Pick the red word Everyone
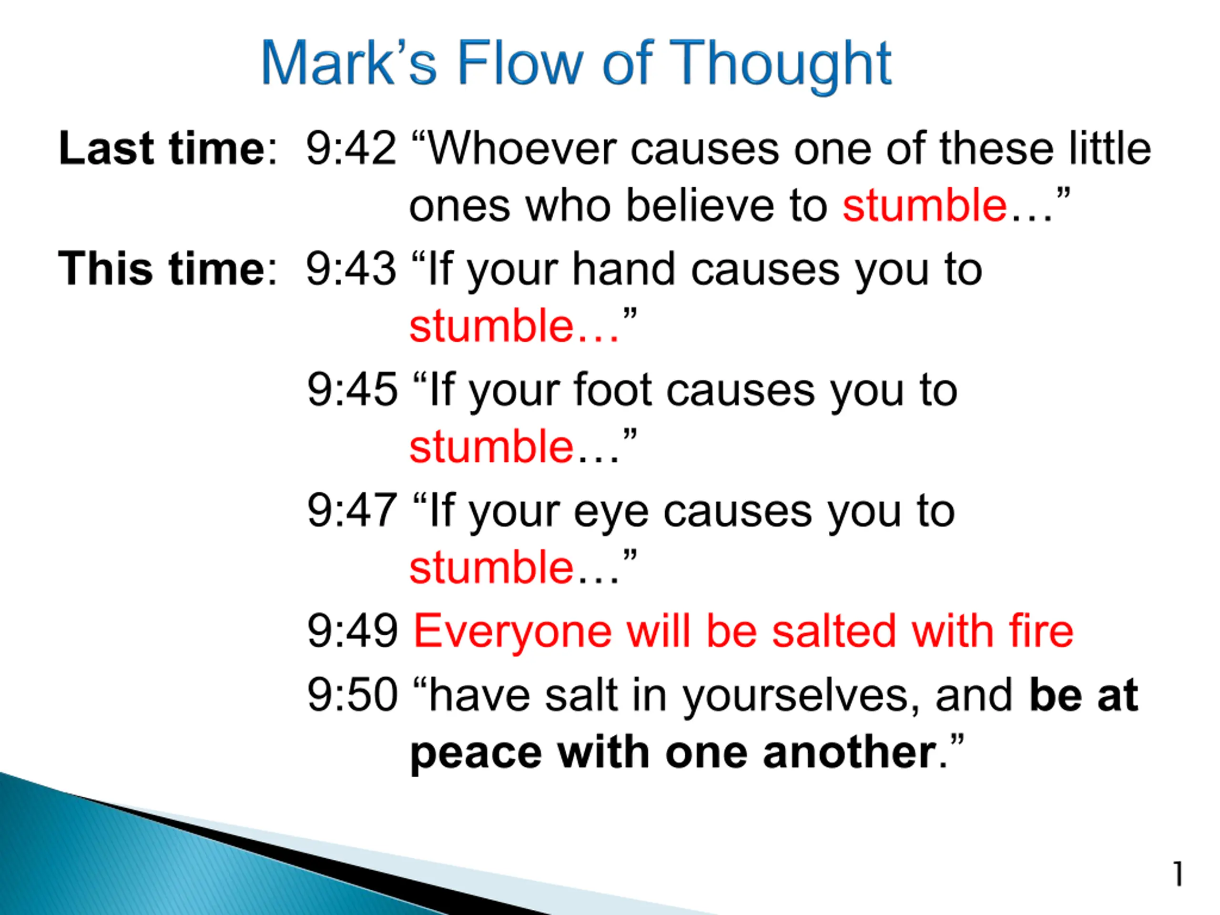click(x=512, y=634)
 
